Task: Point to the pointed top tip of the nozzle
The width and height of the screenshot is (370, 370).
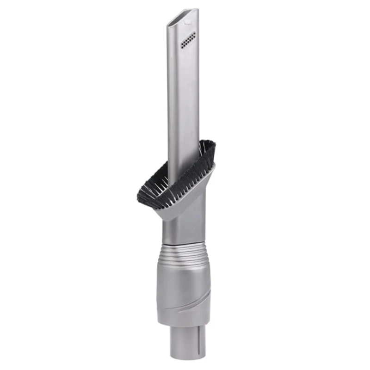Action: (x=197, y=10)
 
